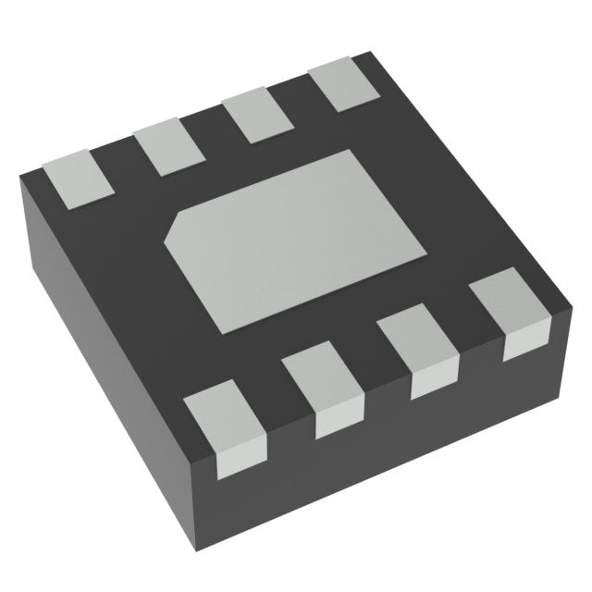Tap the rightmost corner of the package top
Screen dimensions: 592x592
click(x=570, y=301)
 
